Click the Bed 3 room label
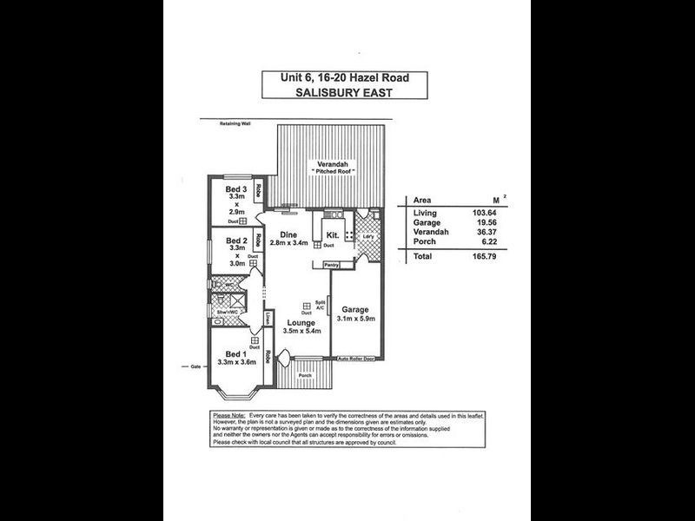tap(232, 189)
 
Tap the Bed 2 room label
tap(232, 241)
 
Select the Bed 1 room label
tap(234, 354)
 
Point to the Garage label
tap(356, 309)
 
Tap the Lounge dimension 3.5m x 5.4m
tap(303, 331)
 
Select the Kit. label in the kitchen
tap(332, 235)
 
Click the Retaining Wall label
tap(234, 123)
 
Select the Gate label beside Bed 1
tap(195, 367)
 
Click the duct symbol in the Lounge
tap(307, 306)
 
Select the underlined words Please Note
tap(228, 416)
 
